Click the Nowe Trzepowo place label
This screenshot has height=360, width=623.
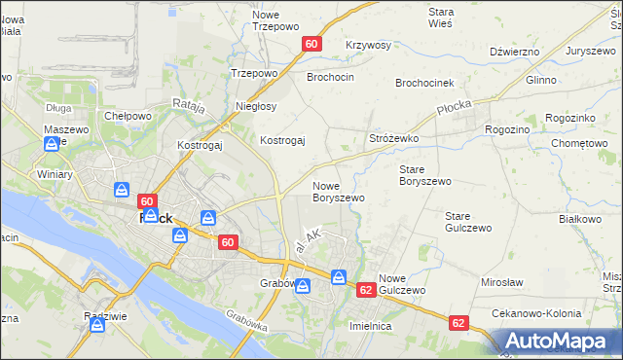(x=273, y=21)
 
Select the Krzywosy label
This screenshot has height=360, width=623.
(x=368, y=46)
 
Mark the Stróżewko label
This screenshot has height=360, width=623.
(x=393, y=139)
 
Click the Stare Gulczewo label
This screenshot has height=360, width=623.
(x=464, y=222)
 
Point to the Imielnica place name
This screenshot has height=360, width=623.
(x=370, y=326)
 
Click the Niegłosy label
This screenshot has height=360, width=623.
(x=256, y=106)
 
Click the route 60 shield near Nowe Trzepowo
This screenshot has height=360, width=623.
(x=311, y=45)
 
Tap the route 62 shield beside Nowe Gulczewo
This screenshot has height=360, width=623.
(x=366, y=290)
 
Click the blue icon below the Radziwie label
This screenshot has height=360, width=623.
(x=97, y=325)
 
